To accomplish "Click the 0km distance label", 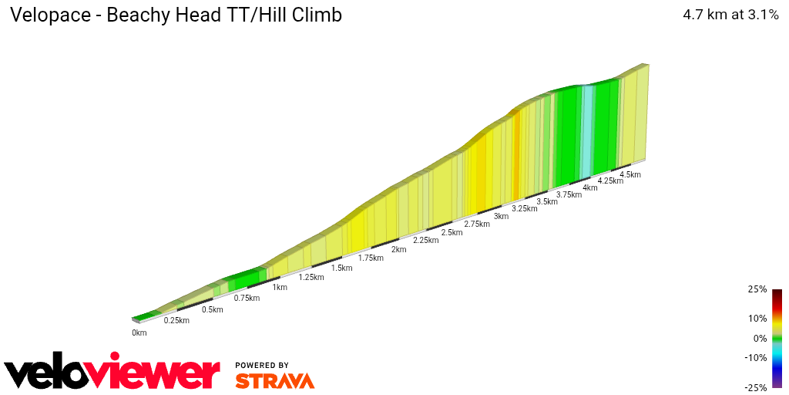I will [x=139, y=333].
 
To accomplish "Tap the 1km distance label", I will [x=280, y=288].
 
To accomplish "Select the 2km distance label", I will [x=398, y=249].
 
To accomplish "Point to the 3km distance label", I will [x=501, y=216].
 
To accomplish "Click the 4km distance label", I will [x=590, y=187].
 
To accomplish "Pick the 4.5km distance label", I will [x=630, y=174].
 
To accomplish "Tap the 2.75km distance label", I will [x=477, y=224].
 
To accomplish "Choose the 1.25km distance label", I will [x=311, y=277].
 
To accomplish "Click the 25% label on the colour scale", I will [x=757, y=289].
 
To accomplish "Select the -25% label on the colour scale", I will [x=756, y=387].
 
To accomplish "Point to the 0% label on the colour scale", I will [x=760, y=338].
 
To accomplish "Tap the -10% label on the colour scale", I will [x=756, y=358].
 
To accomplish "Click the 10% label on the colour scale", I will [x=757, y=318].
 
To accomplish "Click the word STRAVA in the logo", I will [x=274, y=381].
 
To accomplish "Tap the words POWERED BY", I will [x=262, y=366].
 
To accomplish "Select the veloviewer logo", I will [x=112, y=373].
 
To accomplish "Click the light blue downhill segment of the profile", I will [x=587, y=131].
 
